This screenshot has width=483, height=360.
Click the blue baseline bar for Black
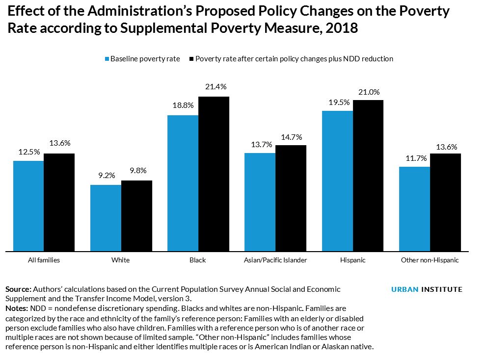(183, 183)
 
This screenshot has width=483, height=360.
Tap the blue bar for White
(106, 218)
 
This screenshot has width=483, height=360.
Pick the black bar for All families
(59, 203)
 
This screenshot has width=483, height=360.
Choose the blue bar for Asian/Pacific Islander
(260, 203)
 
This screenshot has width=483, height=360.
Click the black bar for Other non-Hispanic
(445, 203)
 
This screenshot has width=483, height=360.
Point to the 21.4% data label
(216, 87)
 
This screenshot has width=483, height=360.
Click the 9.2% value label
(106, 176)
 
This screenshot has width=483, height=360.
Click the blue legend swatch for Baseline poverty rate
(106, 59)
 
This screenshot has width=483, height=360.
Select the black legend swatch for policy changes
(191, 59)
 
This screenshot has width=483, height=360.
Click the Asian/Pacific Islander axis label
(275, 260)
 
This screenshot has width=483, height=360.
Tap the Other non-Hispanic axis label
(429, 260)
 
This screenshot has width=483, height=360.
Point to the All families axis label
(44, 260)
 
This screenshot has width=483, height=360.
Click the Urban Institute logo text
(427, 289)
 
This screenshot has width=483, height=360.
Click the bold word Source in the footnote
(18, 289)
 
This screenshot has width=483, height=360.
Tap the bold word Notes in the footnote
(17, 309)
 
